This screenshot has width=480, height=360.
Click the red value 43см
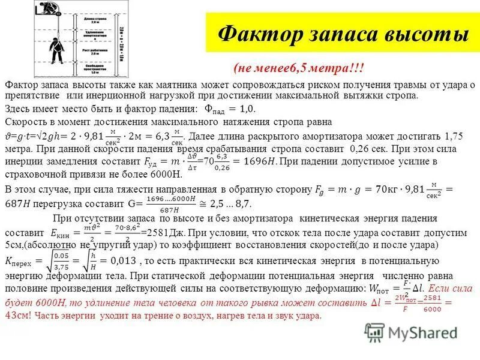(x=18, y=316)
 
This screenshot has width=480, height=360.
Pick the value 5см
(x=13, y=246)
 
